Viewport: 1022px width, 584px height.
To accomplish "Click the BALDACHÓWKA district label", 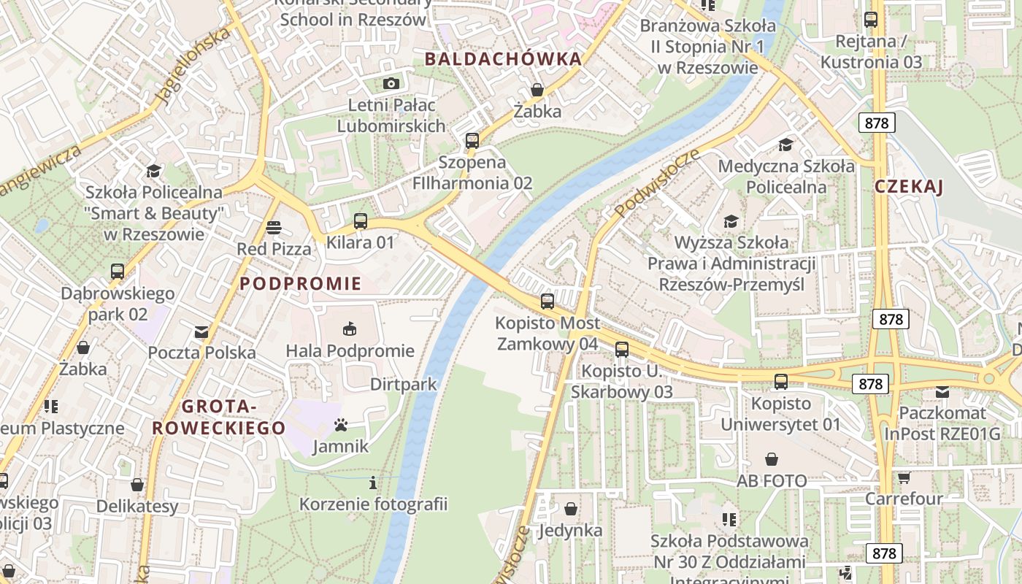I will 503,59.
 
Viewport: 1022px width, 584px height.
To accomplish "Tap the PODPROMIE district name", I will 301,284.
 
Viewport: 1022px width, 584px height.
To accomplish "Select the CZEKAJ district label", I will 909,187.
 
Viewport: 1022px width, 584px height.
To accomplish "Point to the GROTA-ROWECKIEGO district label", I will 218,418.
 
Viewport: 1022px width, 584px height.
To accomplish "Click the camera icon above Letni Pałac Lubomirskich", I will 391,83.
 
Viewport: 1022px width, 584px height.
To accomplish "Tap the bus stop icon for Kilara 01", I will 360,220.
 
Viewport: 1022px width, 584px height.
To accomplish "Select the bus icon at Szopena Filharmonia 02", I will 472,140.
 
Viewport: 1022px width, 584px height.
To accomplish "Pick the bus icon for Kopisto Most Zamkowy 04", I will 547,301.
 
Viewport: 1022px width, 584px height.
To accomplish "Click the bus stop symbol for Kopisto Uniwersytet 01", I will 781,381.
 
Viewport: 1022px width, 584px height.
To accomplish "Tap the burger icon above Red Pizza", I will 274,228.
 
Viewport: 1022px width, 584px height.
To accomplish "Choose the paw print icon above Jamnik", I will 341,424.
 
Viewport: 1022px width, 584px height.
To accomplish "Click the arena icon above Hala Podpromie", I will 350,328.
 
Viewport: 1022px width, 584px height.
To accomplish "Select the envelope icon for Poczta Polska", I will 201,332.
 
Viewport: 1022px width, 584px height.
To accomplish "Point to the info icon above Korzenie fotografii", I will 373,482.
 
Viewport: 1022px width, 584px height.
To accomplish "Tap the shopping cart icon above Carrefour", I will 904,477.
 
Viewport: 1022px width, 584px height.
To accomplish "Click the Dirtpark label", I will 403,384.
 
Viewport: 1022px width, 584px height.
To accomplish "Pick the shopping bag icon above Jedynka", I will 571,508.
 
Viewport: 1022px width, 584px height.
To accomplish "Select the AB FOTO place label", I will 772,481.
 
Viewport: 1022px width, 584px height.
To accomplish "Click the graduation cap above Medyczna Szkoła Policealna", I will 785,145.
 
